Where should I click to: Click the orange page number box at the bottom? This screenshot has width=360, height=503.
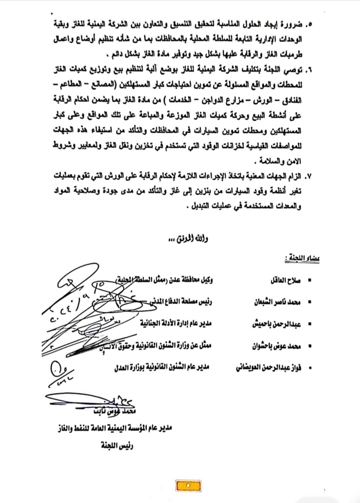point(188,485)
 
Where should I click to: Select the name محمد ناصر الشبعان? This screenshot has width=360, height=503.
point(277,302)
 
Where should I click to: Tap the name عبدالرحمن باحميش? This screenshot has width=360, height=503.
point(276,324)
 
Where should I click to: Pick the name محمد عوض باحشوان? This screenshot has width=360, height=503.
point(276,346)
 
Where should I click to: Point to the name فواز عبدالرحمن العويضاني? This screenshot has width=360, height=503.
point(268,368)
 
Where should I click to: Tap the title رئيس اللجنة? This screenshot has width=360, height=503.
point(117,445)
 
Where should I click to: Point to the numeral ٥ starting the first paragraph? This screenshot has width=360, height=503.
point(309,25)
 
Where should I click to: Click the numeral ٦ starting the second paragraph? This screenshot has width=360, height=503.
point(309,70)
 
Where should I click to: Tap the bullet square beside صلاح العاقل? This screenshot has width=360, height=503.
point(309,280)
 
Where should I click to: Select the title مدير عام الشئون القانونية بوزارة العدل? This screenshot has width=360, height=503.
point(162,367)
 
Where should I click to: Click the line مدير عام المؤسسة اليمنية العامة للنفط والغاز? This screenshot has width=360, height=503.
point(114,428)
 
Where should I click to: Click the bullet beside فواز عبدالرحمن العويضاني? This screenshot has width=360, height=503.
point(309,368)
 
